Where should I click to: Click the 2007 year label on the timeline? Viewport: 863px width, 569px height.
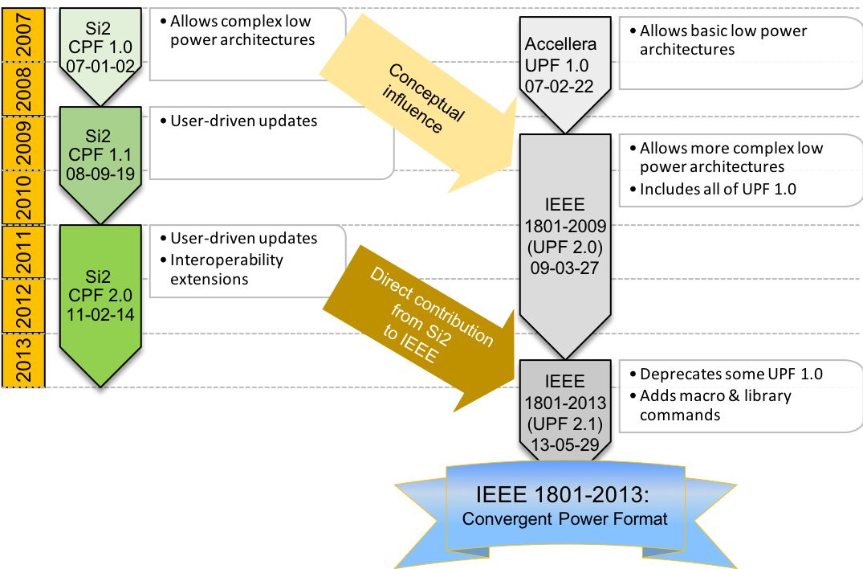coord(23,35)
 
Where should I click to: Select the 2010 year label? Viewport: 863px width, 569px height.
coord(23,198)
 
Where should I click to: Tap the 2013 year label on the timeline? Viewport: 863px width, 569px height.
coord(23,360)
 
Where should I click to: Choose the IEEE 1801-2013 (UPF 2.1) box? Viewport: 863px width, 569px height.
coord(565,411)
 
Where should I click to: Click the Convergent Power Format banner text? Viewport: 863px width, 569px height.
coord(564,519)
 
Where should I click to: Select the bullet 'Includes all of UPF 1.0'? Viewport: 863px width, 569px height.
coord(713,189)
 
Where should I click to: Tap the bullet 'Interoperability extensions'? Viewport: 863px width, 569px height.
coord(222,268)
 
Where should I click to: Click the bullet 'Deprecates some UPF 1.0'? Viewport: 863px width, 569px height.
coord(726,374)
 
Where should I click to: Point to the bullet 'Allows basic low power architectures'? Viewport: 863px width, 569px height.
coord(718,39)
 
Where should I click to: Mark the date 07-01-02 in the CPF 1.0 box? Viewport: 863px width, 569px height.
coord(100,66)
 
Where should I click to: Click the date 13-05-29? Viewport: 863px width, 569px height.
coord(565,444)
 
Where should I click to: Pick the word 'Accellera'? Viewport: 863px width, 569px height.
coord(560,43)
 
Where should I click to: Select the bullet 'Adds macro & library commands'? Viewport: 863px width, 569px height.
coord(710,405)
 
